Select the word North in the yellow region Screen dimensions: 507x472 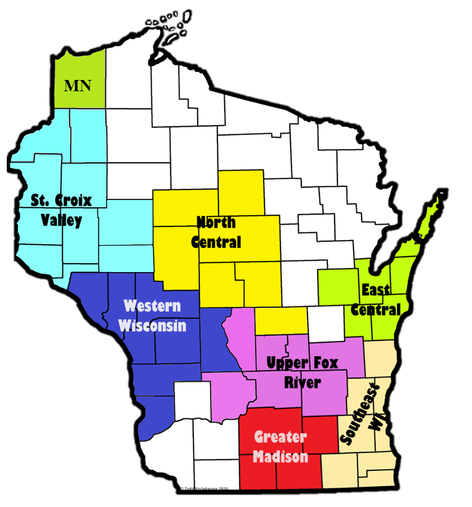[x=216, y=222]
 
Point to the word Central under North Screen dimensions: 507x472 [x=216, y=242]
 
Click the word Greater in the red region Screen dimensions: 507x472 [x=280, y=437]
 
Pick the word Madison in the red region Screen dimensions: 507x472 [x=280, y=456]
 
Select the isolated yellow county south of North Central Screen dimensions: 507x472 [x=281, y=321]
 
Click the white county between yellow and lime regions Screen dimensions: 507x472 [x=326, y=320]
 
